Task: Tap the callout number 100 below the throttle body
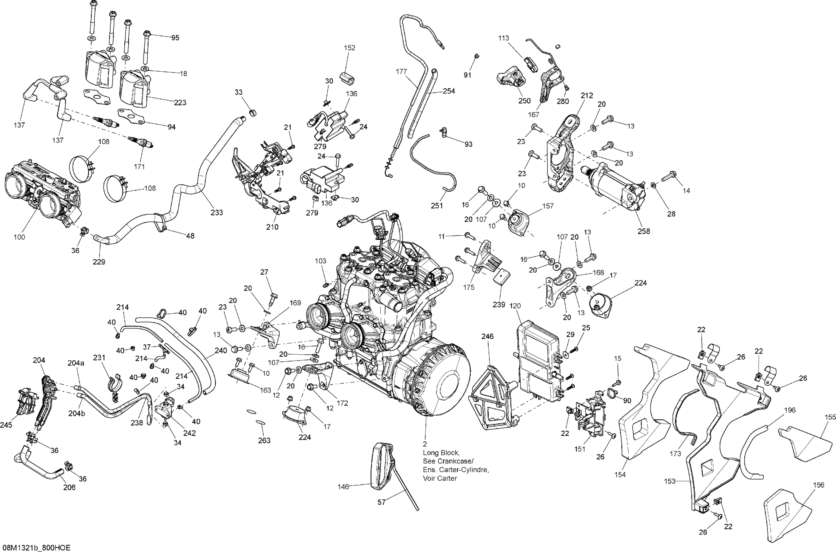tap(20, 237)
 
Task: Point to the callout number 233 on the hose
tap(217, 212)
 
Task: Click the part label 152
tap(349, 48)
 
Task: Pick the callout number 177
tap(401, 72)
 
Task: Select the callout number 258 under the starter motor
tap(644, 231)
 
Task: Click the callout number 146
tap(343, 487)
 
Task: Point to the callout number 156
tap(818, 485)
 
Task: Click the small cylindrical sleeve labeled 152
tap(347, 78)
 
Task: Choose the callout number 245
tap(6, 425)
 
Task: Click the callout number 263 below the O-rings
tap(264, 440)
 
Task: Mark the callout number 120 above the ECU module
tap(516, 306)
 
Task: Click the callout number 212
tap(587, 95)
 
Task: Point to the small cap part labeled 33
tap(253, 113)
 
